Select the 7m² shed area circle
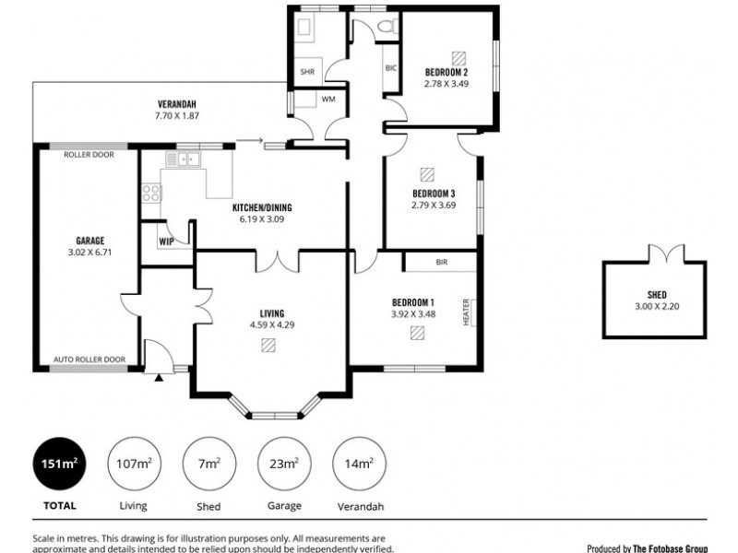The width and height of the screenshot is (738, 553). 208,465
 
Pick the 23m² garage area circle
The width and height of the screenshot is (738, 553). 282,465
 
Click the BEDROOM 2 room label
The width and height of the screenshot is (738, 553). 447,72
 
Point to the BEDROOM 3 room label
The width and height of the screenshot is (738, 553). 434,194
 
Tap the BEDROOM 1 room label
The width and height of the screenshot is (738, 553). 413,302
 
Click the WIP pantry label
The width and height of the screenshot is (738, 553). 166,241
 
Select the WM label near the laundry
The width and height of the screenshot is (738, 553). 328,98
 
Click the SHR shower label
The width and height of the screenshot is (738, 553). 306,71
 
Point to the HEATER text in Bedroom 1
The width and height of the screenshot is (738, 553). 467,312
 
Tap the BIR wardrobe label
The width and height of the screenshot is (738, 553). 441,262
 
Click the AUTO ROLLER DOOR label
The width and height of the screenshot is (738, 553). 89,359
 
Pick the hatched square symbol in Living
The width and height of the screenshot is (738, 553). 268,346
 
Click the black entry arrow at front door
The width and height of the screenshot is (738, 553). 158,376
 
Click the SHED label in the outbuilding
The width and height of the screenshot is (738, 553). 656,295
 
